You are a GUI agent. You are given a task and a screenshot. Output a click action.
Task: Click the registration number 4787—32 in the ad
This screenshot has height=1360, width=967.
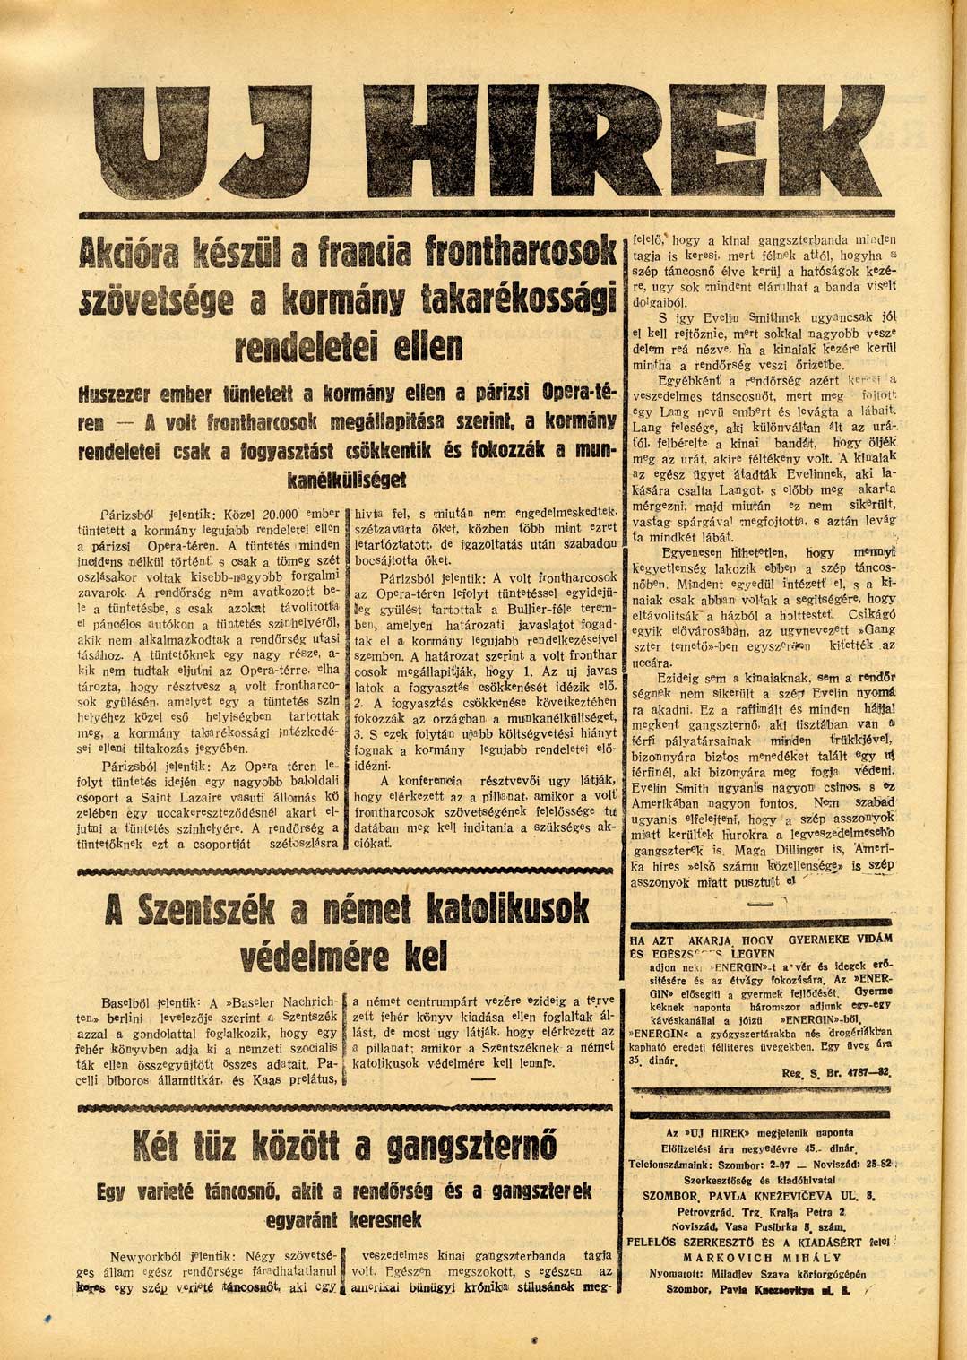[862, 1071]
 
